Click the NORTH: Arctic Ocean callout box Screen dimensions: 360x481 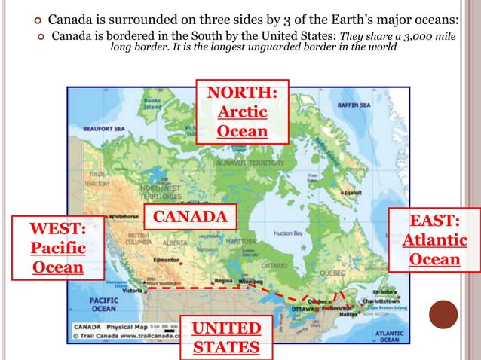coord(242,111)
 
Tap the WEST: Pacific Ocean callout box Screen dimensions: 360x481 coord(58,247)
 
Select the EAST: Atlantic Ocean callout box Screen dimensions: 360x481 coord(435,239)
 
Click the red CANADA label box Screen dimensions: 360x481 coord(190,218)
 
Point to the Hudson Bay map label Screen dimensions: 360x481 coord(288,233)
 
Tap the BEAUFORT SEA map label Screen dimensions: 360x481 coord(103,129)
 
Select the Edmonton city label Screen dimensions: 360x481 coord(166,260)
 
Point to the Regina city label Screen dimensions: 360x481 coord(224,280)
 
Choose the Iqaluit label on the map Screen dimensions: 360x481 coord(353,192)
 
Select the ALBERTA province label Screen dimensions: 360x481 coord(175,243)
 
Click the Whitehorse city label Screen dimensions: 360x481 coord(124,215)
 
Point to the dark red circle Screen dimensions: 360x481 coord(443,315)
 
